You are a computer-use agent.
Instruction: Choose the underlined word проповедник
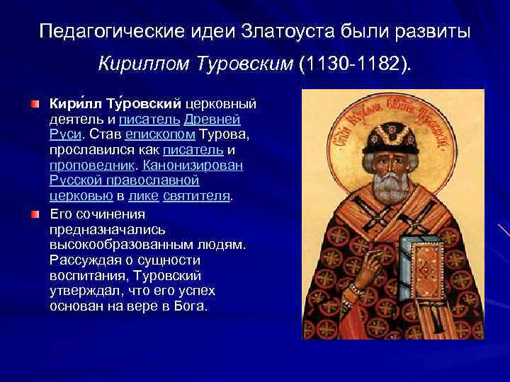tap(95, 164)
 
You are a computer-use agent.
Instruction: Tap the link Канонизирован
tap(194, 164)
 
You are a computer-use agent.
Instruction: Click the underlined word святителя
tap(197, 196)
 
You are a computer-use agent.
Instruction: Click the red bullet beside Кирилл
tap(35, 104)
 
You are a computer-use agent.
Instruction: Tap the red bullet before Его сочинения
tap(35, 213)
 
